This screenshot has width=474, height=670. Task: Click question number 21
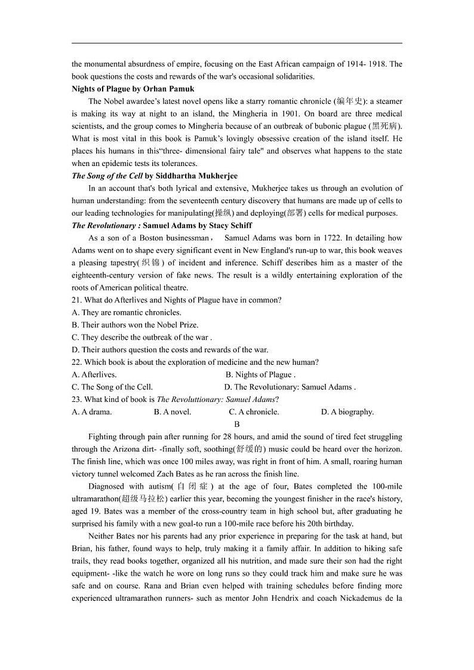(x=76, y=300)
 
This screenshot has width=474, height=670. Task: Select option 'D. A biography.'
(x=347, y=412)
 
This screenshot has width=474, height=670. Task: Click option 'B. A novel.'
(x=173, y=412)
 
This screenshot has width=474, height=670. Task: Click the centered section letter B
(x=237, y=424)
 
